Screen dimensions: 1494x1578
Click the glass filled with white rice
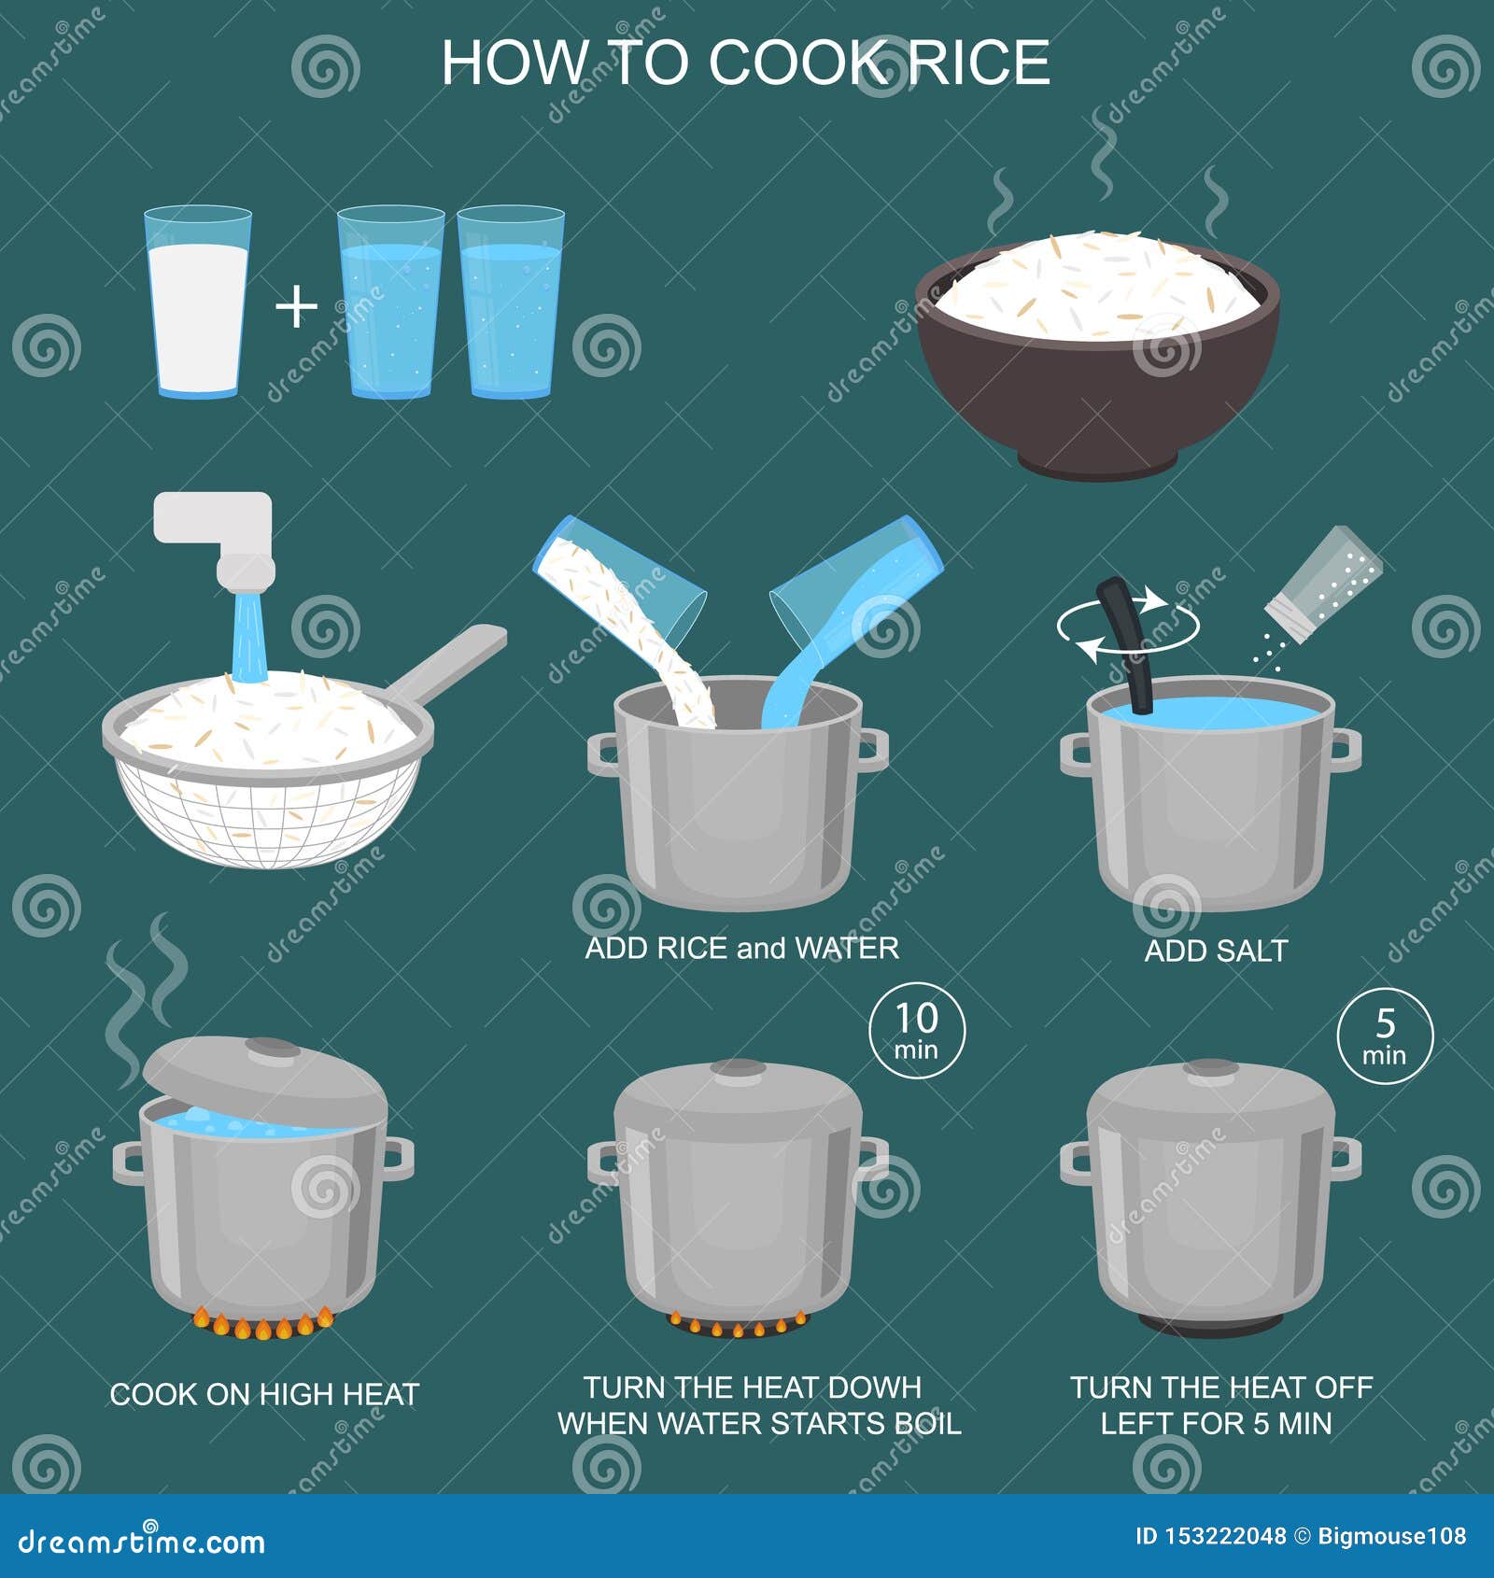[198, 302]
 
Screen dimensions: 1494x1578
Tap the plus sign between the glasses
[297, 307]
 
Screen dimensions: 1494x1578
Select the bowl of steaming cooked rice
[1097, 355]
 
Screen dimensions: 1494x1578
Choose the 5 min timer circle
[1385, 1036]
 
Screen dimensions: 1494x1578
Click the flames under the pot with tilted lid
[262, 1323]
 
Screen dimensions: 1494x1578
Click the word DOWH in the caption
[874, 1388]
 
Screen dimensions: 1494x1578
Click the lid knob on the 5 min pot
[1210, 1067]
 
